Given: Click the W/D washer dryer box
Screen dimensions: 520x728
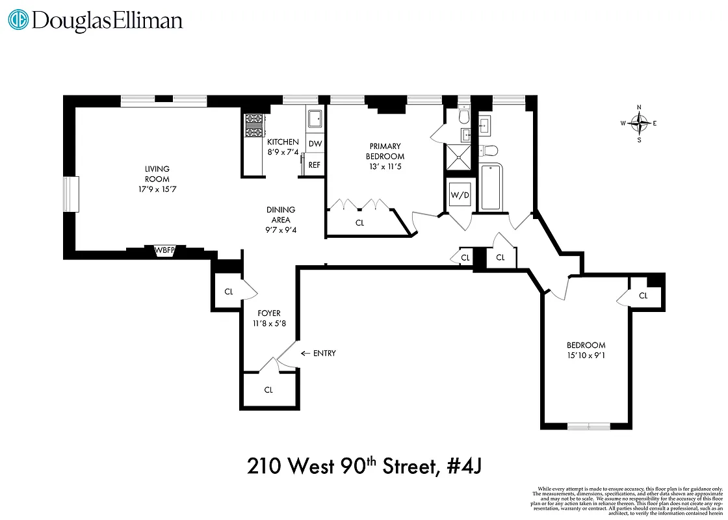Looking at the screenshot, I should point(460,194).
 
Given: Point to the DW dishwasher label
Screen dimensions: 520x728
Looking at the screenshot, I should point(315,144).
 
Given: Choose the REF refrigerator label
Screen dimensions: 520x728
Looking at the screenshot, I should point(315,165).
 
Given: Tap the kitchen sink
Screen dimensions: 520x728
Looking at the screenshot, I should point(315,120).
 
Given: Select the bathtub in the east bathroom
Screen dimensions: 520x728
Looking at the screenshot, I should point(491,187).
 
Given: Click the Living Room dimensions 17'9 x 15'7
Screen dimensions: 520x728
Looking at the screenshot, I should point(157,188).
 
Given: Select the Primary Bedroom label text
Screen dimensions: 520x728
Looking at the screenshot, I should point(385,151).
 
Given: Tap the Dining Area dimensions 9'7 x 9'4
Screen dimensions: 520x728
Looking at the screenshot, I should point(280,230).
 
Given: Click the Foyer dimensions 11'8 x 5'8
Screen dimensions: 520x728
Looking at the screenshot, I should point(268,323).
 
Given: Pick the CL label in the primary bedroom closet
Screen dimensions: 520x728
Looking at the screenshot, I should point(360,222).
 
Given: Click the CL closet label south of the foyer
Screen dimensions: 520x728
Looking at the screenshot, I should point(268,390).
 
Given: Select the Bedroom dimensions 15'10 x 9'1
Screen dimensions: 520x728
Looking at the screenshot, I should point(586,355).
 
